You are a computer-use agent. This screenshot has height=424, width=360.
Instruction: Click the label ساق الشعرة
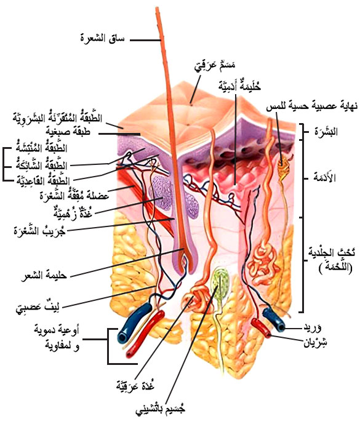point(103,38)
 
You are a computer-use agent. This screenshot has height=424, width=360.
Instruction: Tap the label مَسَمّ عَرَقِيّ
point(215,66)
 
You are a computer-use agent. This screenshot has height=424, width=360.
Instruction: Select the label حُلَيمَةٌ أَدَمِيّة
point(239,86)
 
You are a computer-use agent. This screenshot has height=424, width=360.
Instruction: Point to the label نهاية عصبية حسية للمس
point(311,106)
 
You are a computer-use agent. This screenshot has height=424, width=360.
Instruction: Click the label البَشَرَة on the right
point(326,132)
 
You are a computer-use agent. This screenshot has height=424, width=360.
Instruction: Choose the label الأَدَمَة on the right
point(324,177)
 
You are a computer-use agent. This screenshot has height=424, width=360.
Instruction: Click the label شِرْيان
point(315,342)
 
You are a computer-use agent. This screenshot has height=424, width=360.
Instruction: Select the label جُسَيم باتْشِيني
point(161,409)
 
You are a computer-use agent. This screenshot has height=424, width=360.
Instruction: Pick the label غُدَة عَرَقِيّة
point(135,385)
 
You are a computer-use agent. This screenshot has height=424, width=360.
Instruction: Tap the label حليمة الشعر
point(44,276)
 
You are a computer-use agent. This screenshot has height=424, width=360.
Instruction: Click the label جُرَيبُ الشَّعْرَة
point(39,231)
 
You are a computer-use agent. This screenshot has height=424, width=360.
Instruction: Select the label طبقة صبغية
point(68,132)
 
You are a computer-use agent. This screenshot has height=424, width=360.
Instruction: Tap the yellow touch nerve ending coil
point(283,166)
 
